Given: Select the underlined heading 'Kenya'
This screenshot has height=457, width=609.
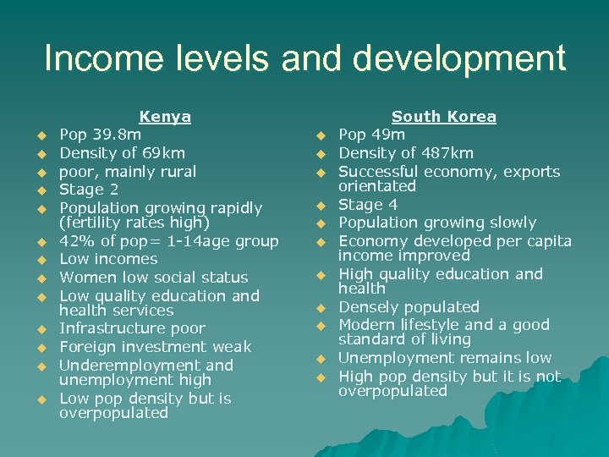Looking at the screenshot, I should pyautogui.click(x=165, y=117).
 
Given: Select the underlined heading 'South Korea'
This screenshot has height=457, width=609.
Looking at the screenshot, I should pyautogui.click(x=444, y=117).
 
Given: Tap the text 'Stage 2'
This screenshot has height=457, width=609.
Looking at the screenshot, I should pyautogui.click(x=88, y=190).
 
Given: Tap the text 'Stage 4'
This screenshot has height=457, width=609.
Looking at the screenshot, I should pyautogui.click(x=368, y=205).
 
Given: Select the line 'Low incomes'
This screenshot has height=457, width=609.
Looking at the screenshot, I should pyautogui.click(x=108, y=259).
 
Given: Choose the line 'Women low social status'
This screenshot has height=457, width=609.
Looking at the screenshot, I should pyautogui.click(x=153, y=278).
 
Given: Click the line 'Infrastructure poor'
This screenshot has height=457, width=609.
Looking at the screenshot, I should pyautogui.click(x=132, y=328).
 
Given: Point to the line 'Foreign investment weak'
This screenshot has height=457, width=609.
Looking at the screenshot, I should pyautogui.click(x=155, y=347).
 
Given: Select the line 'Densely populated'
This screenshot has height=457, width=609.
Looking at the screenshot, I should pyautogui.click(x=409, y=307).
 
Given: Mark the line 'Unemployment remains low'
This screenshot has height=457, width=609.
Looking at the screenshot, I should pyautogui.click(x=445, y=358).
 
